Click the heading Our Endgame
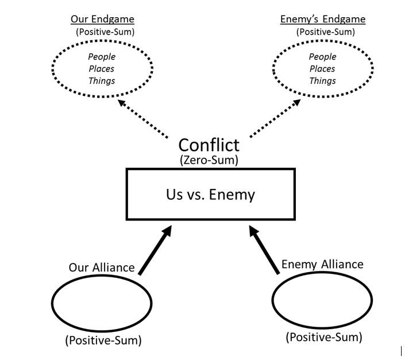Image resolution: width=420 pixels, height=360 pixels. point(102,19)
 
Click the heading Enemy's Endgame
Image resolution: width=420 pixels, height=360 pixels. point(322,19)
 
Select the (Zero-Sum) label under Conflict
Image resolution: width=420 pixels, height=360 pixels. point(209,160)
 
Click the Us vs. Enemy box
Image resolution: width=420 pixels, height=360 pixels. point(210,194)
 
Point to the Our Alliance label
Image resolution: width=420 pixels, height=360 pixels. point(102,267)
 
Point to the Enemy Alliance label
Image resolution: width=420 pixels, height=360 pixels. point(322,264)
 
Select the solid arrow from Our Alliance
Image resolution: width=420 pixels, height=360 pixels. point(155,251)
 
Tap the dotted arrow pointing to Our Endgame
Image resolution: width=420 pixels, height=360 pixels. point(142,118)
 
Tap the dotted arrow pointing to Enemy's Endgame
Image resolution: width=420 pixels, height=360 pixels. point(275,119)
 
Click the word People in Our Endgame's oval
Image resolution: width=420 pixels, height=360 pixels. point(102,57)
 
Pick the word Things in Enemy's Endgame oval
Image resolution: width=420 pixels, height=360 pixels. point(322,81)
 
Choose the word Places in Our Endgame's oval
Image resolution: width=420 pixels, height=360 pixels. point(102,69)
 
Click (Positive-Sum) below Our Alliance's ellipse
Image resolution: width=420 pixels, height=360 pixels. point(103,340)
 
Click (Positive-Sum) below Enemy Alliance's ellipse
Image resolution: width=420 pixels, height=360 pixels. point(323,337)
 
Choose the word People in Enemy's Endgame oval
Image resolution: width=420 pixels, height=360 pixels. point(322,57)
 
